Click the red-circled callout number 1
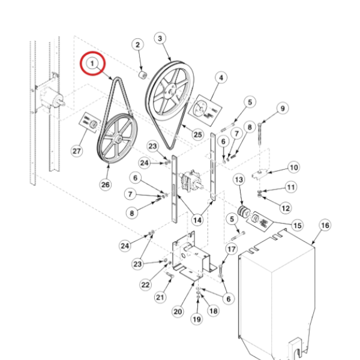click(94, 64)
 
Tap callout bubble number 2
click(137, 46)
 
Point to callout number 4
click(221, 77)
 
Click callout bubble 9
click(281, 109)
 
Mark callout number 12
click(285, 208)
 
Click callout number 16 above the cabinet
click(325, 225)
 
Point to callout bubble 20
click(177, 311)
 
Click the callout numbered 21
click(160, 296)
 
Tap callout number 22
click(146, 284)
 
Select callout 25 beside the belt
click(197, 136)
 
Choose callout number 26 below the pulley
click(106, 185)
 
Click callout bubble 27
click(77, 151)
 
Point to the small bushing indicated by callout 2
click(143, 74)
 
